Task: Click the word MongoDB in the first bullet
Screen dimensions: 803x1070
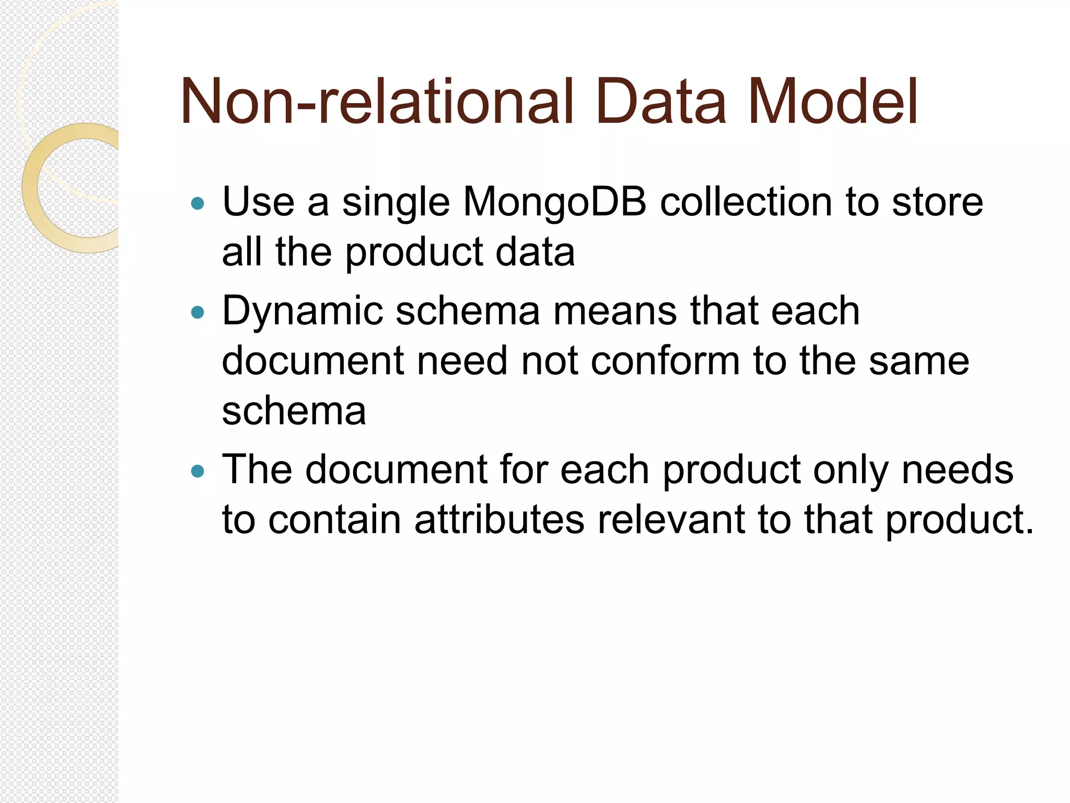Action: [554, 202]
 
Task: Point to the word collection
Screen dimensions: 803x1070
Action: [747, 202]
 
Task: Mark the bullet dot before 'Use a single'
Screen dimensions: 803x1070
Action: [197, 203]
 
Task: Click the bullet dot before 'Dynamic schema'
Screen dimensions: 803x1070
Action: [197, 313]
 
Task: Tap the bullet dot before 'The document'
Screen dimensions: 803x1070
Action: [197, 472]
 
